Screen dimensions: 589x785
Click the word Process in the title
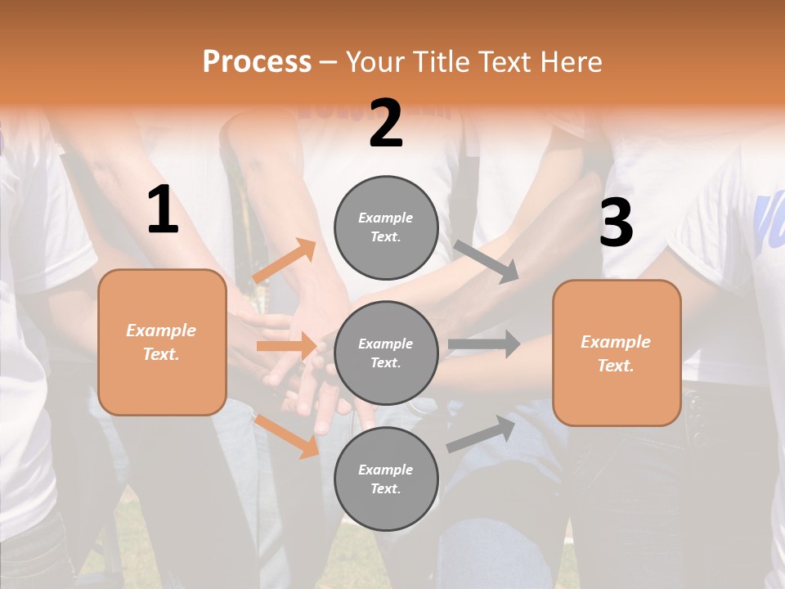pos(257,61)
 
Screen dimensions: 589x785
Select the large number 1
pos(163,210)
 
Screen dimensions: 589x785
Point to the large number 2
pos(386,124)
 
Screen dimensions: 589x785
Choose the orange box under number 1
pos(162,342)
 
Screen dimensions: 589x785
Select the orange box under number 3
pos(617,353)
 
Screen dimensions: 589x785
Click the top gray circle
pos(386,227)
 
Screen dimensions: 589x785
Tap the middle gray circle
pos(386,353)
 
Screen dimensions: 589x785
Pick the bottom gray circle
pos(386,479)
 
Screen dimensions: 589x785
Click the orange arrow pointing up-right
pos(285,261)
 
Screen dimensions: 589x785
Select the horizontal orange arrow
pos(287,346)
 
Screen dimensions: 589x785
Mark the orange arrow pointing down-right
pos(287,436)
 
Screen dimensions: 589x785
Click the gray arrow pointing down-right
pos(486,262)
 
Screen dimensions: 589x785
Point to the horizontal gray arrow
pos(484,344)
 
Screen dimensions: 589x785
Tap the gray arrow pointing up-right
pos(481,434)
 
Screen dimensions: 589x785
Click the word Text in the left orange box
pos(161,354)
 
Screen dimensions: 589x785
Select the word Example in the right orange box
pos(616,342)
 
